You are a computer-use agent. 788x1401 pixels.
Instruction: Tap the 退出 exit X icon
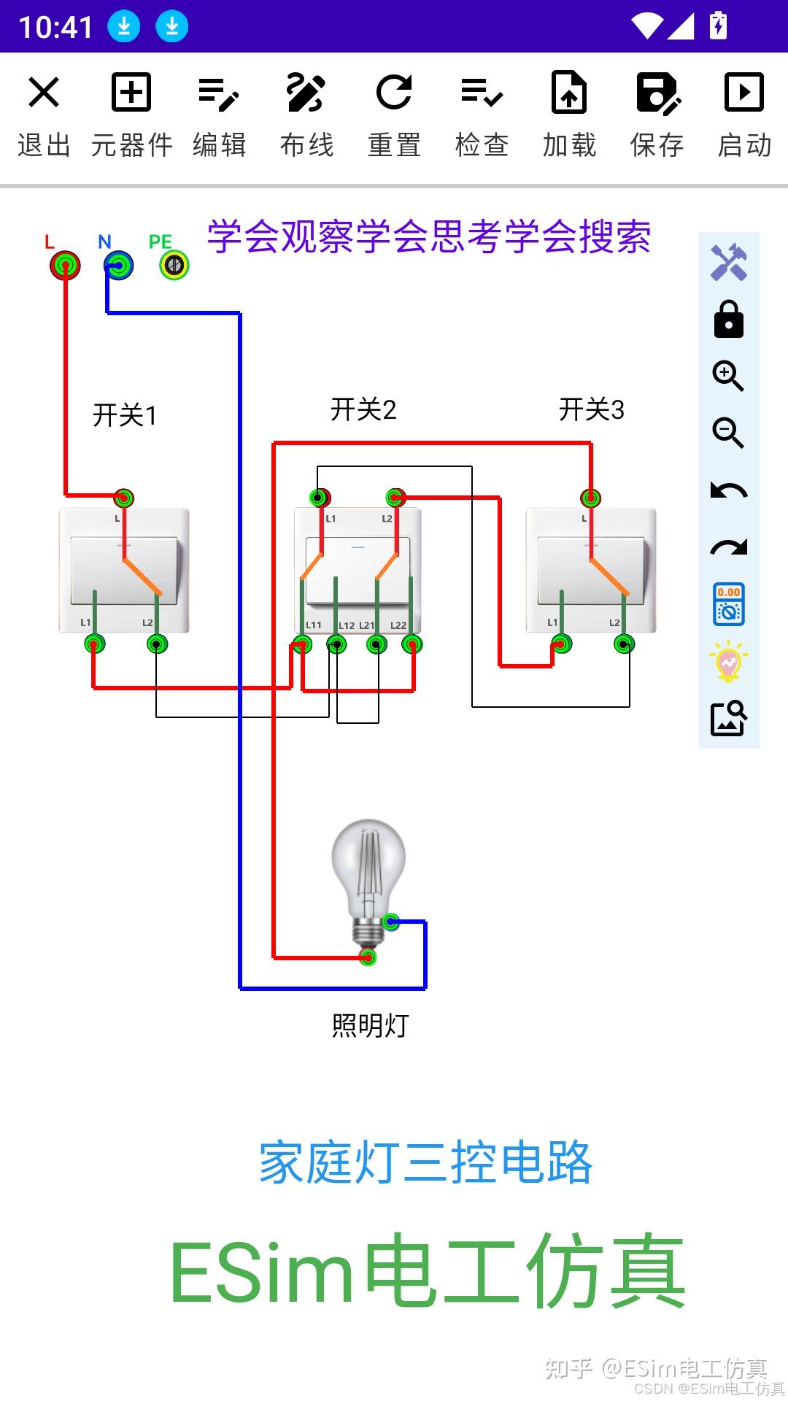coord(44,93)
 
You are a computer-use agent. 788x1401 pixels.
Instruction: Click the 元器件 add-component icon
coord(131,93)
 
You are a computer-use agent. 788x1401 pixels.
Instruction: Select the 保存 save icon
coord(657,93)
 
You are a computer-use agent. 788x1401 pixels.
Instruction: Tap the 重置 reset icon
coord(394,93)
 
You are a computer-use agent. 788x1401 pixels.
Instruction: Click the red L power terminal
coord(65,265)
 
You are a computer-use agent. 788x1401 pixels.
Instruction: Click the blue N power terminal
coord(118,265)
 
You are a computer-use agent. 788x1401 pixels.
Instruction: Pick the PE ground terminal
coord(174,265)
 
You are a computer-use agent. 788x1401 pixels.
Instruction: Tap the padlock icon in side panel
coord(728,320)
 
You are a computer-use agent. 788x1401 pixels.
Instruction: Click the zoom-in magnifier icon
coord(728,376)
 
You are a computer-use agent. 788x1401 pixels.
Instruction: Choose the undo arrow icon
coord(728,490)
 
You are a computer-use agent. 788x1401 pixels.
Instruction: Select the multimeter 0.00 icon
coord(728,604)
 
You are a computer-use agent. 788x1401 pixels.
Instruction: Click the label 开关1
coord(125,415)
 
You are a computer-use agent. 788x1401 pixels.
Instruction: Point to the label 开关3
coord(591,409)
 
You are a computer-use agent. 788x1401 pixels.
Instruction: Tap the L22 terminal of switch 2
coord(412,644)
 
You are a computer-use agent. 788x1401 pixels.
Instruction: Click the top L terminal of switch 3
coord(590,498)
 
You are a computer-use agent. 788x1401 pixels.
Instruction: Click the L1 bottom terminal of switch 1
coord(95,644)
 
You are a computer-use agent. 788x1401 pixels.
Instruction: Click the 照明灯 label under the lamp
coord(371,1025)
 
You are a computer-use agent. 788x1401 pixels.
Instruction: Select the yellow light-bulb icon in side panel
coord(728,661)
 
